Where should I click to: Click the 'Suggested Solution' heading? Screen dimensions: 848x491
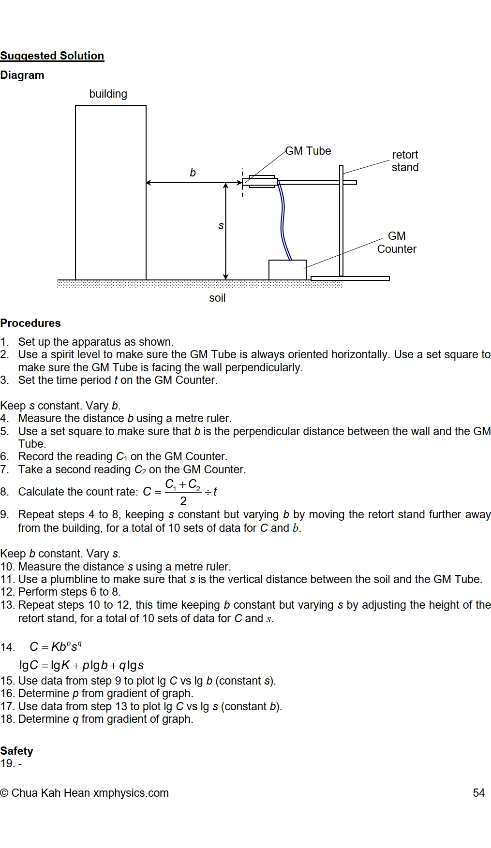click(x=52, y=56)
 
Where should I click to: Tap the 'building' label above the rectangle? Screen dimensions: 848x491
click(x=108, y=94)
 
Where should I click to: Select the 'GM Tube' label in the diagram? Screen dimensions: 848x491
click(x=308, y=151)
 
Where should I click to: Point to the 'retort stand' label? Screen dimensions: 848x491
click(x=405, y=161)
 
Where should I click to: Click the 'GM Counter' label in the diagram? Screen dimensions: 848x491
click(x=397, y=243)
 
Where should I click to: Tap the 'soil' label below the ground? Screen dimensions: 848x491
click(x=217, y=298)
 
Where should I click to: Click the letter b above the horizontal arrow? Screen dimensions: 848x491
click(x=193, y=173)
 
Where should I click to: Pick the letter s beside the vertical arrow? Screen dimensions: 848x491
click(x=221, y=226)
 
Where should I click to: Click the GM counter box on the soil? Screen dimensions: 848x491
click(x=287, y=270)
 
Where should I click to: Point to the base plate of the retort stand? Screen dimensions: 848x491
click(x=350, y=278)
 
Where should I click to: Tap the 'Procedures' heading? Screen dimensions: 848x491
click(x=30, y=323)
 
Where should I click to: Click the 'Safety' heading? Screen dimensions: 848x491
click(x=17, y=751)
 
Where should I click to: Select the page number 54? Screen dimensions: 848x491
click(x=478, y=793)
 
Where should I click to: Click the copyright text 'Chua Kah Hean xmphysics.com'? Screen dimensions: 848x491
click(x=89, y=793)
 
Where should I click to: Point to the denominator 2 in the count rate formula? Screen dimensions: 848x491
click(x=183, y=501)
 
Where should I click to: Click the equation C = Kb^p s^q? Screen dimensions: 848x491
click(x=56, y=647)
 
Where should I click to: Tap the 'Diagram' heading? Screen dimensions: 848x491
click(x=22, y=75)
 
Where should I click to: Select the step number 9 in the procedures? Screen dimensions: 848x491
click(x=4, y=514)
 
